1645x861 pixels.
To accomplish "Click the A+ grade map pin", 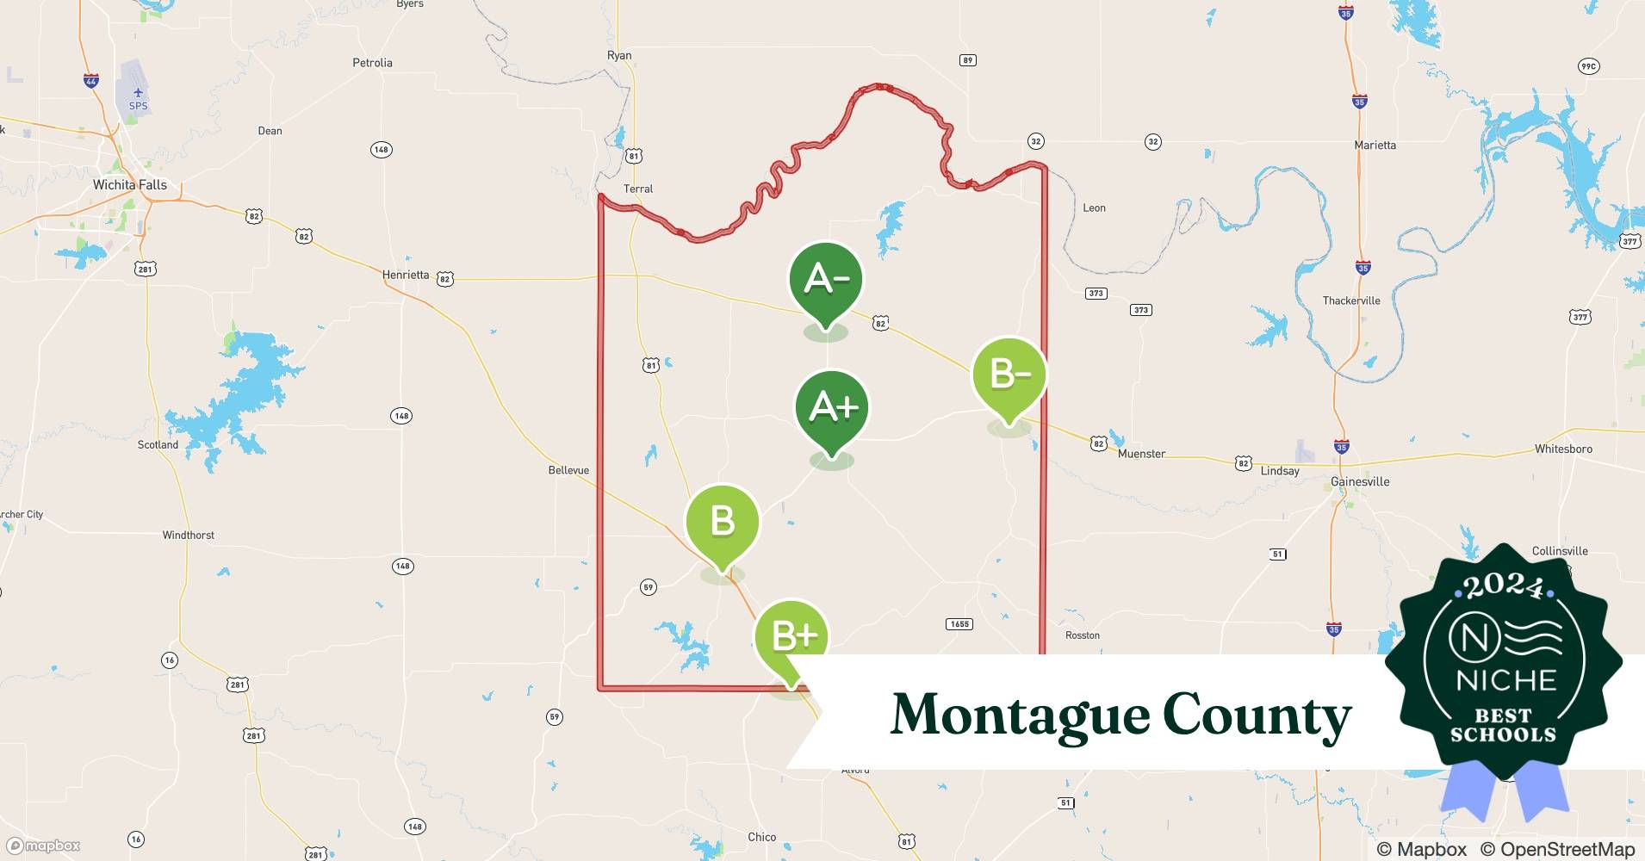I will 832,409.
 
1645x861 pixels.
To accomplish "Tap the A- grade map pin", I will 826,280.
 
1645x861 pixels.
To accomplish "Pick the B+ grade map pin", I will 791,637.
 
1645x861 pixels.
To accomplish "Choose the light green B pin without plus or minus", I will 722,523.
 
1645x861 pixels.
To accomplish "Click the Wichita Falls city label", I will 130,185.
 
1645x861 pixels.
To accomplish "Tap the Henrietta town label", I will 406,275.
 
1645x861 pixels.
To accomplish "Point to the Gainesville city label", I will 1360,481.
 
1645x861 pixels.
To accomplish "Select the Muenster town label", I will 1141,454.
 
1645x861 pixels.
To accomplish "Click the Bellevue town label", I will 568,470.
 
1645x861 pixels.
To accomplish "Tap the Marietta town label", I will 1375,146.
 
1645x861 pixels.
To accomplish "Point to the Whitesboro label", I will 1563,449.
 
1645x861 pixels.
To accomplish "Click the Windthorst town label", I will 188,536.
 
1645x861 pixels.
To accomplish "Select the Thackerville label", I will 1351,301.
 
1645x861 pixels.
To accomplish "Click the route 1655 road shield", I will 959,624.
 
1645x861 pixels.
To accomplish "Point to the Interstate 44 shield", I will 91,81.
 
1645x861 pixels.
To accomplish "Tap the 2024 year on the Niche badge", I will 1504,586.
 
